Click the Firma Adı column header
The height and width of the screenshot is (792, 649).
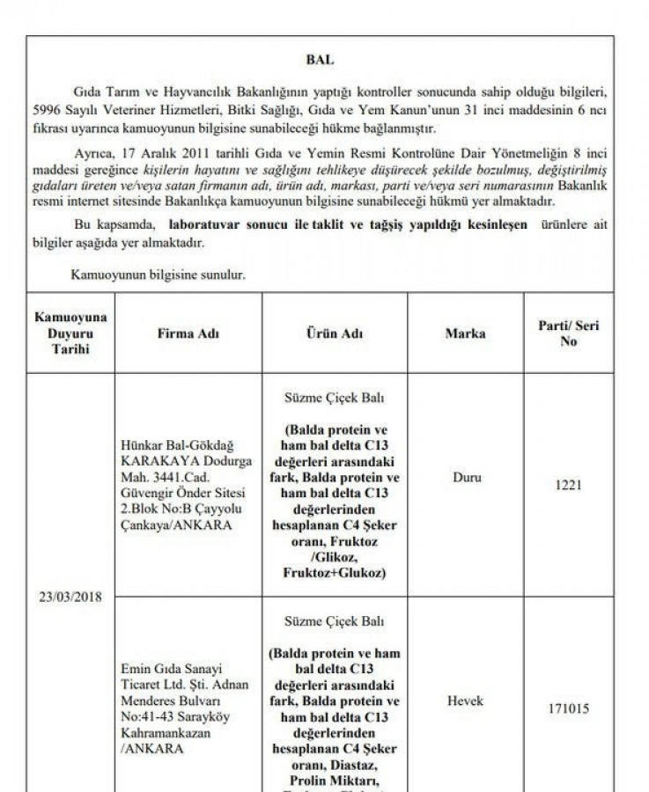[188, 334]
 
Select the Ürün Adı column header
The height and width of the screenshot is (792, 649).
[334, 334]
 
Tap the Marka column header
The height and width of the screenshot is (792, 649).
[465, 334]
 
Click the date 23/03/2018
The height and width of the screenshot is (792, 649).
[70, 597]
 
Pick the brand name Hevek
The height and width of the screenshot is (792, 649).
[465, 700]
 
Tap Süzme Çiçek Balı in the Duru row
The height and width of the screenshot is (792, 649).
[334, 398]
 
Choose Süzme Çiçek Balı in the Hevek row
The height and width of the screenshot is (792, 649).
[334, 621]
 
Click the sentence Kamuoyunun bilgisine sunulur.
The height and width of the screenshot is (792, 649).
[158, 275]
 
